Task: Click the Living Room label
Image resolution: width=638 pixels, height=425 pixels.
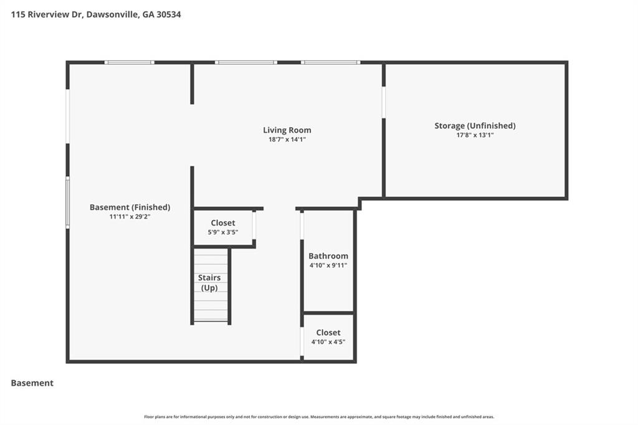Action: [x=287, y=130]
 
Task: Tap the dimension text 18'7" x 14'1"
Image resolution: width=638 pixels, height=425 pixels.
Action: [x=287, y=140]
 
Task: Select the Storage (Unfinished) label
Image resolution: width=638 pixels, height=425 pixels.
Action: [x=475, y=126]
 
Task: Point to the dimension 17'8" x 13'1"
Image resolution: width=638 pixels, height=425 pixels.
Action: [x=475, y=135]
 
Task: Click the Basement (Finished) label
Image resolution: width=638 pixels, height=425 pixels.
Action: [x=130, y=208]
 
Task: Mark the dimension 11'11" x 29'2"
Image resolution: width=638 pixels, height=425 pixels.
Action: [x=130, y=217]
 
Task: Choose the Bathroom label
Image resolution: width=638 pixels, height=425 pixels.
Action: [x=328, y=256]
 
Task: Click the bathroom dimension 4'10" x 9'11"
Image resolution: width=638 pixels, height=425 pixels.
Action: [x=328, y=265]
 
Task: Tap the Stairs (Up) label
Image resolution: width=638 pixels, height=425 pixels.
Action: [x=209, y=282]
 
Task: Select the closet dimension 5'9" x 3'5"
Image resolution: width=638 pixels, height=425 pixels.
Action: [x=223, y=232]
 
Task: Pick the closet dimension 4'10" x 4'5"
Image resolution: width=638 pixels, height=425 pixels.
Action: [x=328, y=342]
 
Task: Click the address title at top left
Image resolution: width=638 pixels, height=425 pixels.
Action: [x=96, y=14]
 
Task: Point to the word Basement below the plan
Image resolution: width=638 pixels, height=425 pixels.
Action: [x=32, y=383]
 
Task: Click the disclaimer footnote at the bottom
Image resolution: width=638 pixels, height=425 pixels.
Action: [x=319, y=417]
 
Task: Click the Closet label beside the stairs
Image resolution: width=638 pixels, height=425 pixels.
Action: [x=223, y=223]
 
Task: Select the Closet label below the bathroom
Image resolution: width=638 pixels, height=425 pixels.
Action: [x=328, y=333]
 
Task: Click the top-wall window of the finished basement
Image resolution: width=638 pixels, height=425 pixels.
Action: [x=129, y=62]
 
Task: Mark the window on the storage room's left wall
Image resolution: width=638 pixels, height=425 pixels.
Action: [x=384, y=102]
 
